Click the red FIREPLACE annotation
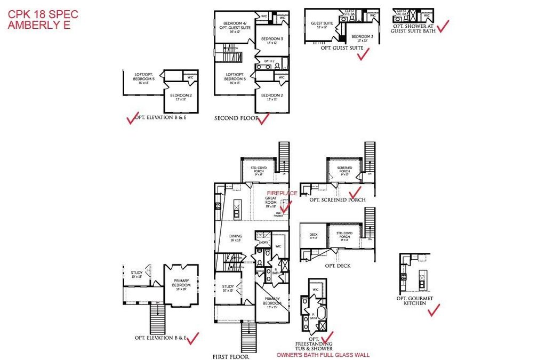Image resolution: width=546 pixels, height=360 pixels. tap(282, 193)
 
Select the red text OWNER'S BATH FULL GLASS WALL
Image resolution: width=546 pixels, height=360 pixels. tap(323, 355)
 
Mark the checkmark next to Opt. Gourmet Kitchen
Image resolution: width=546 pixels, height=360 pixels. tap(434, 309)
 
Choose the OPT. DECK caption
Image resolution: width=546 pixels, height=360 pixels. tap(338, 266)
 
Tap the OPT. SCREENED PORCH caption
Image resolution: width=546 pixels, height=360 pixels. tap(338, 199)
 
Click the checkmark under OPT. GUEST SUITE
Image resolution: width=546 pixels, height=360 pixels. tap(363, 55)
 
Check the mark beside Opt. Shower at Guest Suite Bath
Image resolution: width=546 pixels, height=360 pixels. tap(443, 26)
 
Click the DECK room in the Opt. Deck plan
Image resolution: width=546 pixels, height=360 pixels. tap(313, 235)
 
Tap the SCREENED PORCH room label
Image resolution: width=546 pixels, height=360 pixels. tap(344, 171)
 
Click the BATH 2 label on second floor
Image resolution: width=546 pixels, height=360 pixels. tap(270, 61)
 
